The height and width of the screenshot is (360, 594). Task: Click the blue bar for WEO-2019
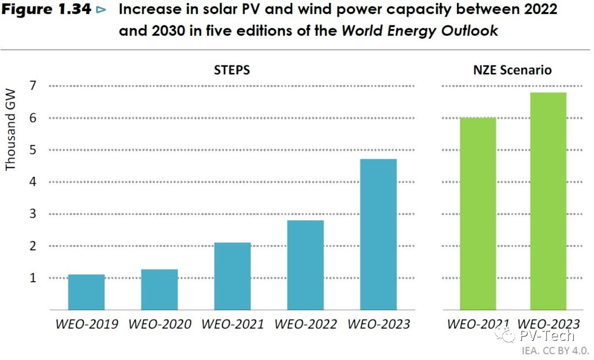[x=86, y=292]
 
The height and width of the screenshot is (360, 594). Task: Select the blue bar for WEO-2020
[x=160, y=289]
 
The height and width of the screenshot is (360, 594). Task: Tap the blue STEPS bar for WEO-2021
[x=233, y=276]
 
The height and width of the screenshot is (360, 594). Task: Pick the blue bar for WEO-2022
[x=306, y=265]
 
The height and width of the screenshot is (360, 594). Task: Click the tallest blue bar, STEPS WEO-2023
[x=379, y=234]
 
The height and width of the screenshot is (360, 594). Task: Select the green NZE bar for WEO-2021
[x=478, y=213]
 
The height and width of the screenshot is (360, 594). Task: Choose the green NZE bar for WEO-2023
[x=548, y=201]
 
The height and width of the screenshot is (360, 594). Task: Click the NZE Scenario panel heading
[x=513, y=70]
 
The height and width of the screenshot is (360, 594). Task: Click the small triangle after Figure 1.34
[x=102, y=11]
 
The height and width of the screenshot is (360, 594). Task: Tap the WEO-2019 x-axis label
[x=86, y=324]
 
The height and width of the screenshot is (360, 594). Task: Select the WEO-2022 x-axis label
[x=306, y=324]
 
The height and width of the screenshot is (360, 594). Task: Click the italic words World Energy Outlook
[x=419, y=31]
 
